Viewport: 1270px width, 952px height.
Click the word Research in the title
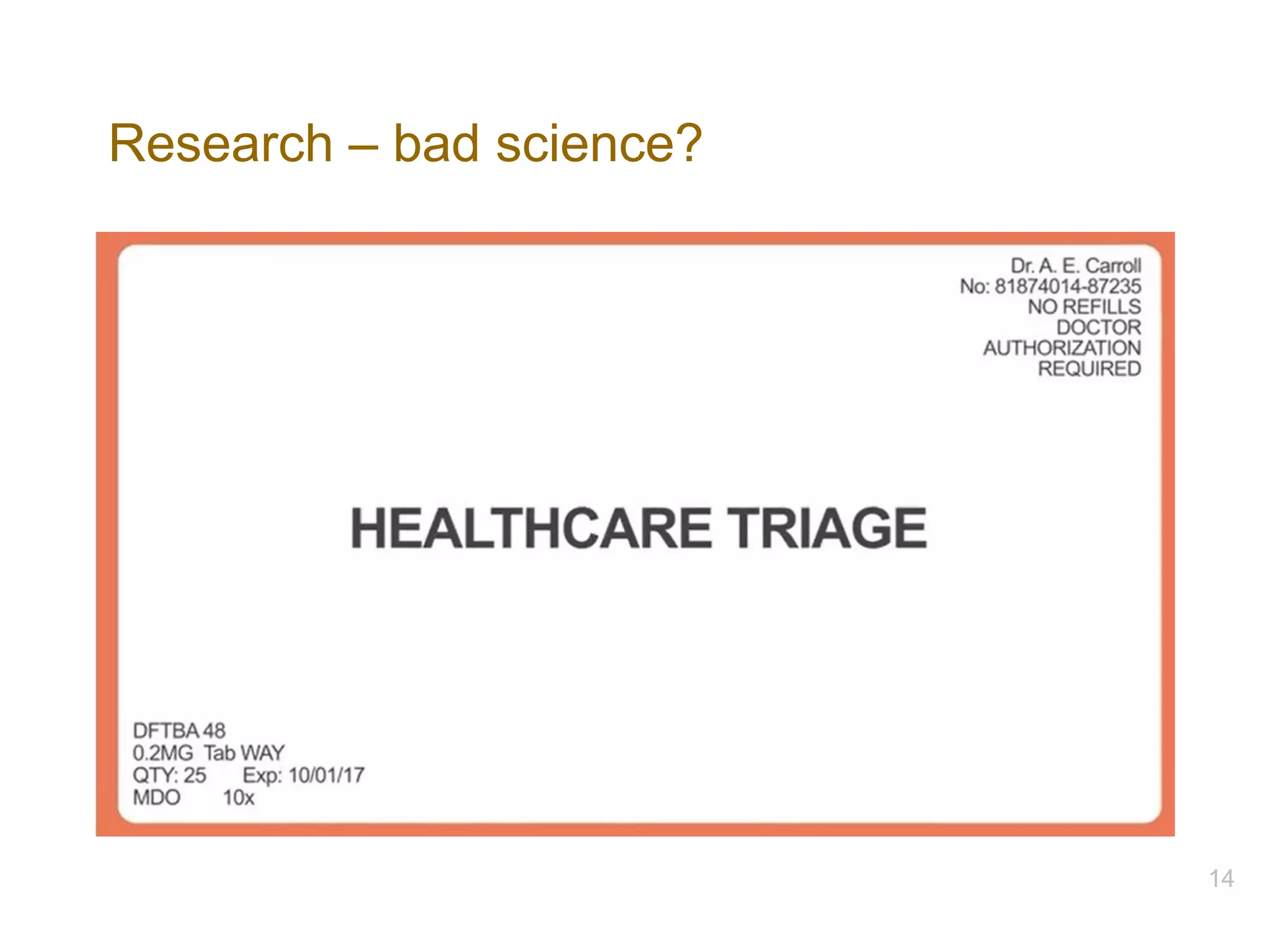tap(221, 144)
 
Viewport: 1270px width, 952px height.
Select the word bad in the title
tap(436, 144)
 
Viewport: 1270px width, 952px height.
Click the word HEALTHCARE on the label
tap(531, 528)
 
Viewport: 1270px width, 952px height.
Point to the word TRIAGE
tap(827, 528)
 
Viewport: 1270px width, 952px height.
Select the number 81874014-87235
tap(1067, 286)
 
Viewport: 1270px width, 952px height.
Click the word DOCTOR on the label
tap(1098, 327)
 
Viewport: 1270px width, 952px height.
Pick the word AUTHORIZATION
tap(1062, 348)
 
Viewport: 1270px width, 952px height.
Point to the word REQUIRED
tap(1089, 369)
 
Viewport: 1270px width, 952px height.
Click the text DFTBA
tap(166, 731)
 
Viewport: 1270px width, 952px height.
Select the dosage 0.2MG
tap(162, 753)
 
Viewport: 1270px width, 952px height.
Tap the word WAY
tap(262, 753)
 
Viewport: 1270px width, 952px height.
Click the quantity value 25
tap(195, 775)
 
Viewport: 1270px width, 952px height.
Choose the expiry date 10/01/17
tap(326, 775)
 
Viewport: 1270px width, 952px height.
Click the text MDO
tap(156, 798)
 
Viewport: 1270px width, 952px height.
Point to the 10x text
tap(239, 798)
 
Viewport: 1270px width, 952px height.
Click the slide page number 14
tap(1221, 878)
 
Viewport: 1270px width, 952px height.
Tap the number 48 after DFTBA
tap(214, 731)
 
